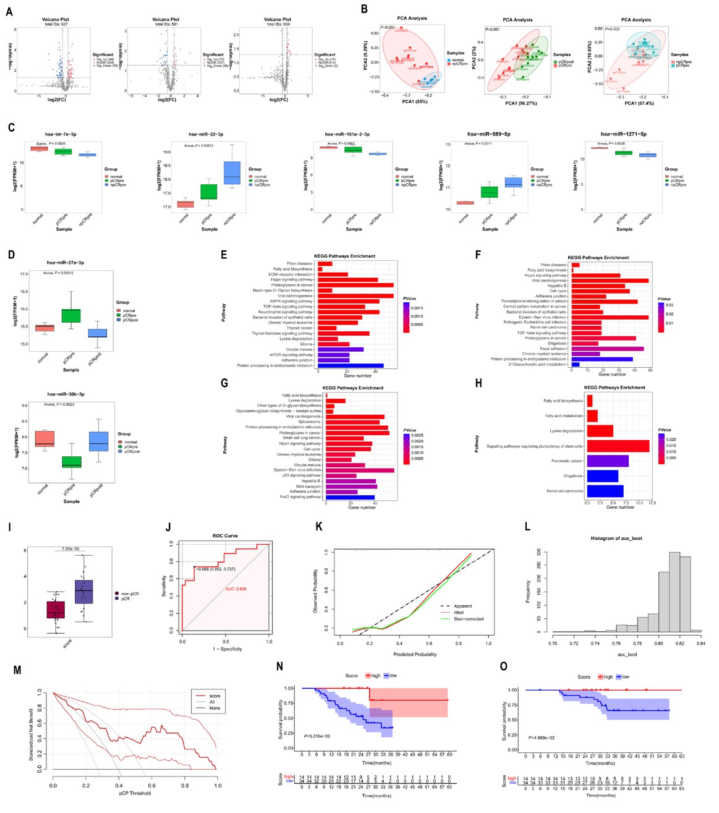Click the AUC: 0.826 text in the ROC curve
[236, 589]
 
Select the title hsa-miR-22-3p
[206, 134]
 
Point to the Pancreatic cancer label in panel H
[566, 461]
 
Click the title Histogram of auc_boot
[616, 538]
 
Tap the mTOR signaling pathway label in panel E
[291, 355]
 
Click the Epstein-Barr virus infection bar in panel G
[359, 470]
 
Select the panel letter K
[319, 527]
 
